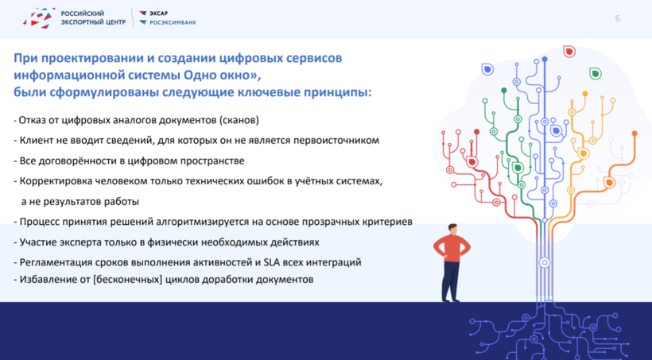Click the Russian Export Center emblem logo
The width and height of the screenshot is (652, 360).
[x=39, y=17]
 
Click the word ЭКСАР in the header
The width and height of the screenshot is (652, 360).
[x=158, y=14]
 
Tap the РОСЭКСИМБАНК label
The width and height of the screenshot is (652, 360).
[x=173, y=22]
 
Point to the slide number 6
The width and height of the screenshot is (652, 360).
[x=618, y=18]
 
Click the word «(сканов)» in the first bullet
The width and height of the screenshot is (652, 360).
[x=239, y=120]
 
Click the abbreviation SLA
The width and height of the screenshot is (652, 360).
[x=272, y=262]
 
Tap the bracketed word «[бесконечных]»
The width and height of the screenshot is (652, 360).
[x=128, y=280]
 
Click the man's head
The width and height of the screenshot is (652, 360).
[x=452, y=229]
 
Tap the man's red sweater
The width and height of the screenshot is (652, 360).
[x=452, y=247]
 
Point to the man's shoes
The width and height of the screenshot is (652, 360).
[x=450, y=299]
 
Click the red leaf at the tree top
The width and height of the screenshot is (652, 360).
[x=569, y=51]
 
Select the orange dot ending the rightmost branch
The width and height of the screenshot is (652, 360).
[x=635, y=134]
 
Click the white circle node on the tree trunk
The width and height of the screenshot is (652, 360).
[x=545, y=263]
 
